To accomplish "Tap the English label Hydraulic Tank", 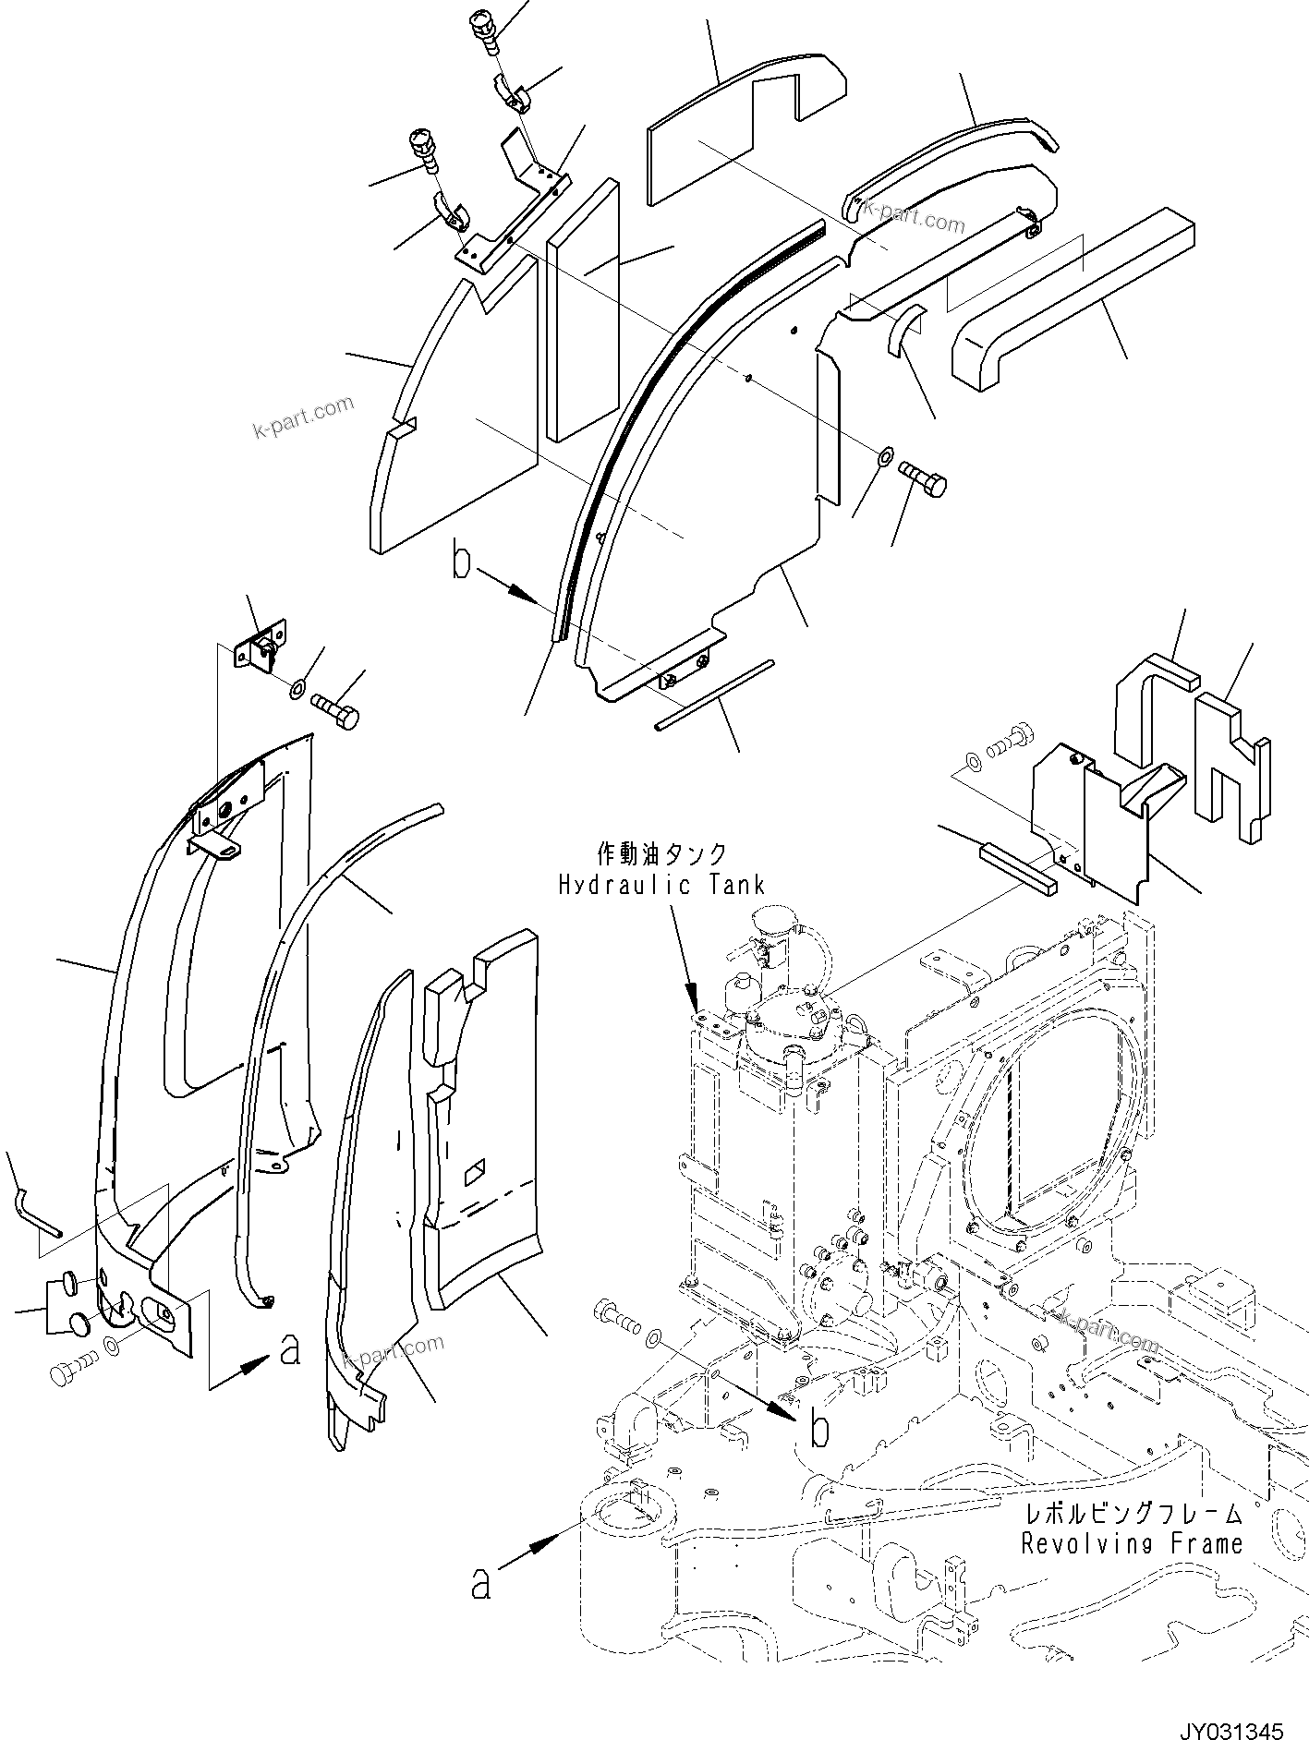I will tap(661, 885).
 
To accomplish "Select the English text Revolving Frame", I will tap(1132, 1542).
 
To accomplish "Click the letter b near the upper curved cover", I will tap(462, 563).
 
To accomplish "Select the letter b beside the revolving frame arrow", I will tap(818, 1430).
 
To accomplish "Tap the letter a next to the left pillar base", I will tap(290, 1350).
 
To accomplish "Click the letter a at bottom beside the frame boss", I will tap(480, 1585).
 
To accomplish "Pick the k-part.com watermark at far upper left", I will tap(304, 417).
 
